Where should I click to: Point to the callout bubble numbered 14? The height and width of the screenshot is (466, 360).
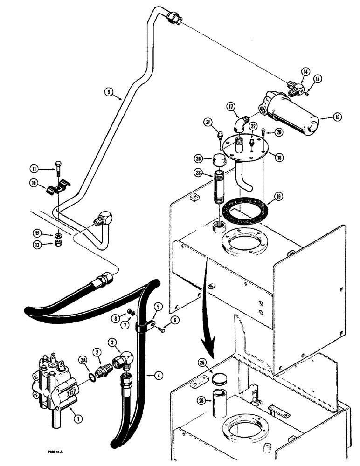(x=305, y=72)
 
